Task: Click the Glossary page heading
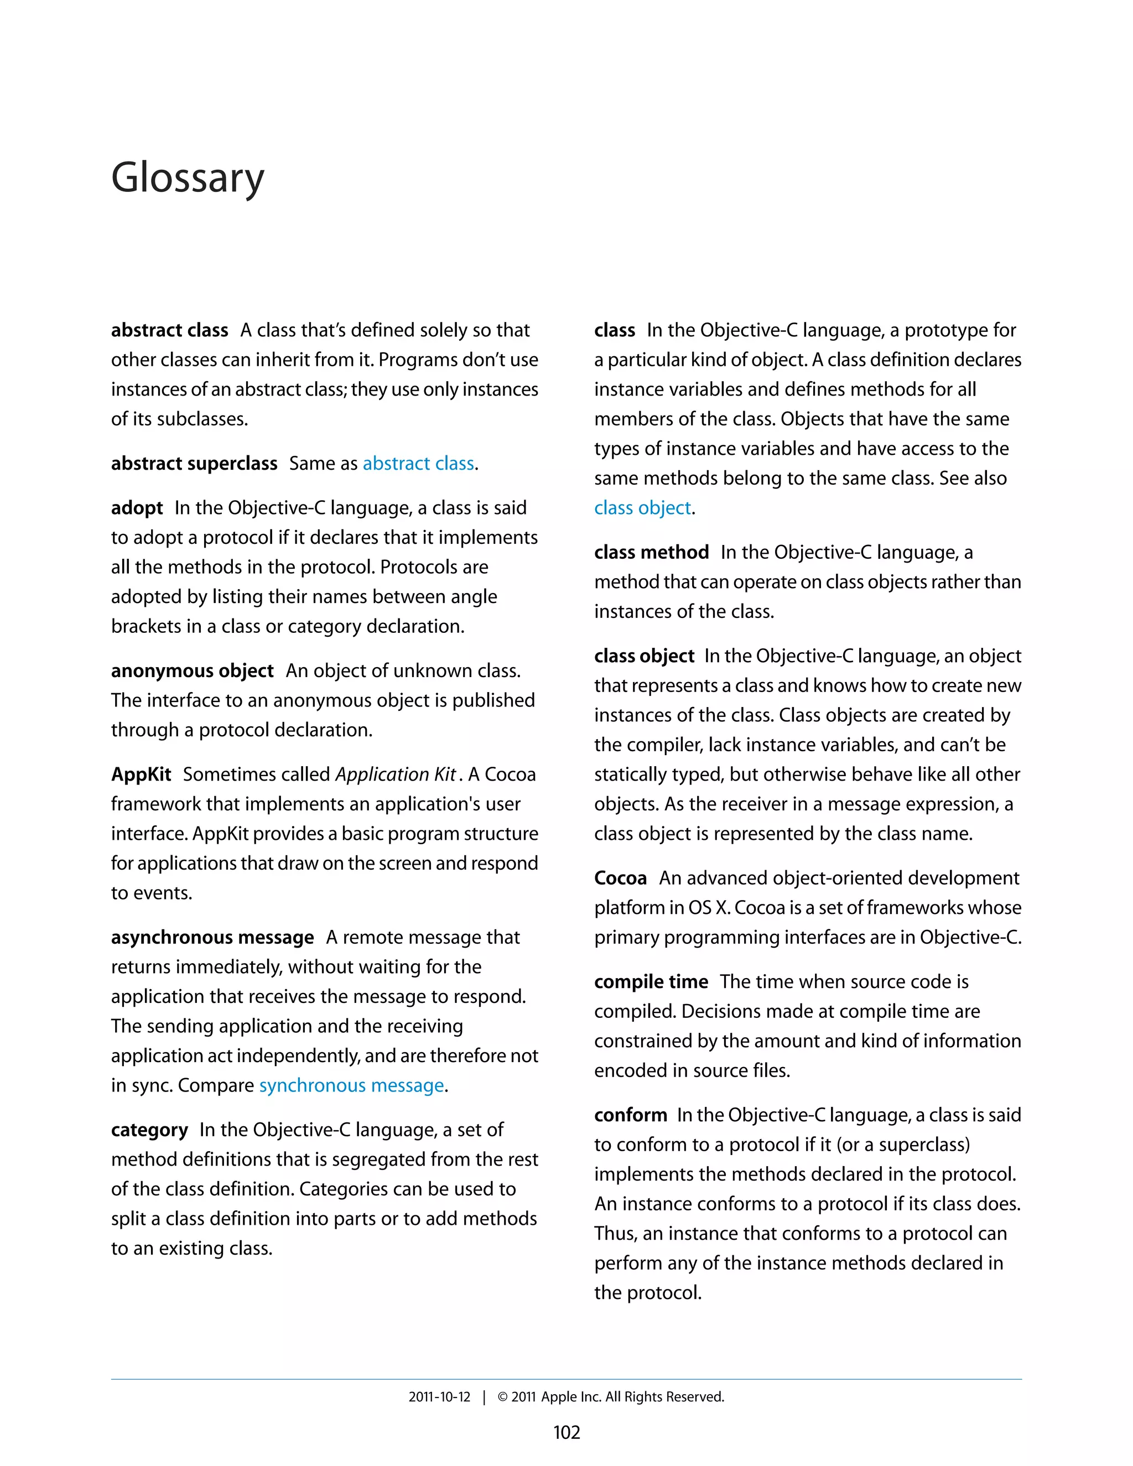(x=188, y=178)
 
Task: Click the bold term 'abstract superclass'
(x=194, y=463)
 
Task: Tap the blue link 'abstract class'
(x=418, y=463)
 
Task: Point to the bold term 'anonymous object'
(x=192, y=670)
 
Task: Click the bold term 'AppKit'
(x=141, y=774)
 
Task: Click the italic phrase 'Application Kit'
(x=396, y=774)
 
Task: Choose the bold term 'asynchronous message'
(x=212, y=937)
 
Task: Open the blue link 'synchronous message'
(x=352, y=1085)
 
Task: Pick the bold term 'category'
(x=149, y=1130)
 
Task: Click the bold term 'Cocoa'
(x=620, y=878)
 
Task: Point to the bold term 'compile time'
(x=651, y=981)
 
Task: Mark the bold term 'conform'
(x=630, y=1115)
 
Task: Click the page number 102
(x=566, y=1432)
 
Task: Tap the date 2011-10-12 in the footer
(x=440, y=1397)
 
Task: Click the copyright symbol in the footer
(x=502, y=1397)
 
